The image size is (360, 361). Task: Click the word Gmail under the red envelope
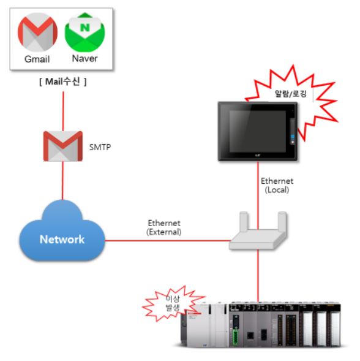coord(37,59)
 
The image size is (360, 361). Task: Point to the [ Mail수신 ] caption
coord(62,82)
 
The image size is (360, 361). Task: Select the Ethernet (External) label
coord(165,227)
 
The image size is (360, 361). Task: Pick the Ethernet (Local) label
coord(277,186)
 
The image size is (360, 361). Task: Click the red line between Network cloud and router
coord(165,240)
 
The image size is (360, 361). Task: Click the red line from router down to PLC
coord(258,273)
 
